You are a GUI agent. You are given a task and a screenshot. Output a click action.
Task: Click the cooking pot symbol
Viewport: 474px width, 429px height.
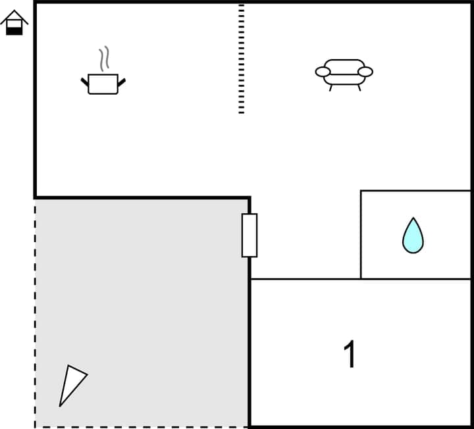(103, 84)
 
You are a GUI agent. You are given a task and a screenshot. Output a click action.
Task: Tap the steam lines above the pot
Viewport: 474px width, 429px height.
(103, 59)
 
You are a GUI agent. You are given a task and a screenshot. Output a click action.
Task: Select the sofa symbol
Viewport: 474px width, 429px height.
(344, 73)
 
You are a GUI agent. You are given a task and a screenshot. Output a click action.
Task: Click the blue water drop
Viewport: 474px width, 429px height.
(413, 236)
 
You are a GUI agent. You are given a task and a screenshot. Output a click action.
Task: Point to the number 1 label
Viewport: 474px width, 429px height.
(350, 355)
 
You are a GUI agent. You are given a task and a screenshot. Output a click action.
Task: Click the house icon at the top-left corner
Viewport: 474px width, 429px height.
(14, 22)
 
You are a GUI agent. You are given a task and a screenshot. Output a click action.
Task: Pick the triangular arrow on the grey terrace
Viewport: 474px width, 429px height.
(71, 384)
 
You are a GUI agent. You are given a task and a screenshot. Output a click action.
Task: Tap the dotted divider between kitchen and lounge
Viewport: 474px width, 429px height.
(242, 59)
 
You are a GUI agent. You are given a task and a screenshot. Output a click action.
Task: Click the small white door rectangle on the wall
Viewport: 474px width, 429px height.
(250, 235)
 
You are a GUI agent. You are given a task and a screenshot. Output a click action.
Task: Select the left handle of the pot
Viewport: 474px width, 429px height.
(85, 82)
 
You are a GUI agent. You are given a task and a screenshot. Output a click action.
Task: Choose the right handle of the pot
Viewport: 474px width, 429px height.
(121, 82)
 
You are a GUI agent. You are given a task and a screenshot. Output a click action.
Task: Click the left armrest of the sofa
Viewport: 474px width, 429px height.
(323, 72)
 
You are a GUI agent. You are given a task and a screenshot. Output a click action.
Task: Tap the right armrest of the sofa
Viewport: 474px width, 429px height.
(365, 72)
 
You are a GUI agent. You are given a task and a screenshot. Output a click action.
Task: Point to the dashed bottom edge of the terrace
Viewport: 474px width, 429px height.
(142, 426)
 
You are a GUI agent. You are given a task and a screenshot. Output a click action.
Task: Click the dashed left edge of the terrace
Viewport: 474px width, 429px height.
(35, 309)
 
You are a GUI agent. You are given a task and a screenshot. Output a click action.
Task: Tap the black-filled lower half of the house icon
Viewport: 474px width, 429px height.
(14, 30)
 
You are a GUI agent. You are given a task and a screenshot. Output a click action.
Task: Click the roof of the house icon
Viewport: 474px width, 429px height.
(14, 15)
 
